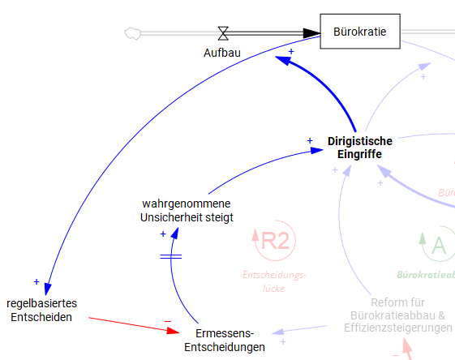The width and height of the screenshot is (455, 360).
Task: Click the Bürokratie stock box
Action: click(360, 33)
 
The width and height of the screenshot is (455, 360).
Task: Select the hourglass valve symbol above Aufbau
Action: click(223, 33)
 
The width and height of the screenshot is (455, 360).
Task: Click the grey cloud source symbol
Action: click(132, 33)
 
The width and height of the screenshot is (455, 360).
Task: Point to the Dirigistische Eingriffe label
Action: click(359, 148)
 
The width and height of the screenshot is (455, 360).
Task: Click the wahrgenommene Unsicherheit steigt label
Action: click(187, 210)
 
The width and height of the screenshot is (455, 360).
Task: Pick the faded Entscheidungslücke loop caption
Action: click(274, 281)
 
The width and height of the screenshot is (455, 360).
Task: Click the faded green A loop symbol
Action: click(437, 243)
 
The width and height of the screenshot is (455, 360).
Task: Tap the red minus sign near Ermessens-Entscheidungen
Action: click(168, 321)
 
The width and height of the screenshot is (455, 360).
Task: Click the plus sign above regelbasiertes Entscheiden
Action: click(36, 281)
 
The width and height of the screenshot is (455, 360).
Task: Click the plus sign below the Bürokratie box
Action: click(291, 51)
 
